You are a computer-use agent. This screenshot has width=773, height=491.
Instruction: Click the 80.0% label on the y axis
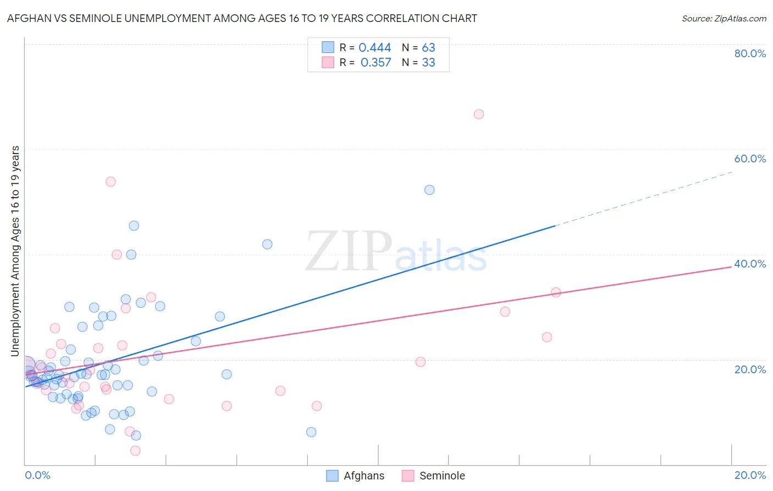[x=750, y=53]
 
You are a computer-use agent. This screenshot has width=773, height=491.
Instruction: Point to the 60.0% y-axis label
[x=750, y=159]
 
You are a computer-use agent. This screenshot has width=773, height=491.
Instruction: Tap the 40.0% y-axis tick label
[x=750, y=264]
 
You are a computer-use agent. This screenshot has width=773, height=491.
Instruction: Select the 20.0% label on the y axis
[x=750, y=369]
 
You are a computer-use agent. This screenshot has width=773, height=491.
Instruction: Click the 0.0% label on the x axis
[x=37, y=475]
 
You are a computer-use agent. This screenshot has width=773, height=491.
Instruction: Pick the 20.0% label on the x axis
[x=750, y=475]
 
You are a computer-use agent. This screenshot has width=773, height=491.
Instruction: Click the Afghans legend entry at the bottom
[x=355, y=476]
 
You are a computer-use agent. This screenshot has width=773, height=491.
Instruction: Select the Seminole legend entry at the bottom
[x=433, y=476]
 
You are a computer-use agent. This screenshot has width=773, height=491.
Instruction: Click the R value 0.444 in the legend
[x=374, y=48]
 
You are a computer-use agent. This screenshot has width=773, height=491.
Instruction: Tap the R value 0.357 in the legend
[x=376, y=63]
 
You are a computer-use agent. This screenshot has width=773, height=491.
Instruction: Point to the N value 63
[x=428, y=48]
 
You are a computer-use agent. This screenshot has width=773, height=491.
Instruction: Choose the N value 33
[x=428, y=63]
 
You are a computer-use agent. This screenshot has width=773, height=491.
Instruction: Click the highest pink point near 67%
[x=479, y=114]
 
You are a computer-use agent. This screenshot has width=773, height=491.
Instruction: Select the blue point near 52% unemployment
[x=429, y=190]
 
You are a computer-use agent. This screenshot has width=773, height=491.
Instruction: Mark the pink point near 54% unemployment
[x=111, y=182]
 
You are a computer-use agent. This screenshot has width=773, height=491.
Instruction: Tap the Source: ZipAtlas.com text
[x=724, y=19]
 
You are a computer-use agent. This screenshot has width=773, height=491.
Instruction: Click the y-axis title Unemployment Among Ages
[x=15, y=251]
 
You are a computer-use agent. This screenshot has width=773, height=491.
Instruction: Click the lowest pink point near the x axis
[x=135, y=451]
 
